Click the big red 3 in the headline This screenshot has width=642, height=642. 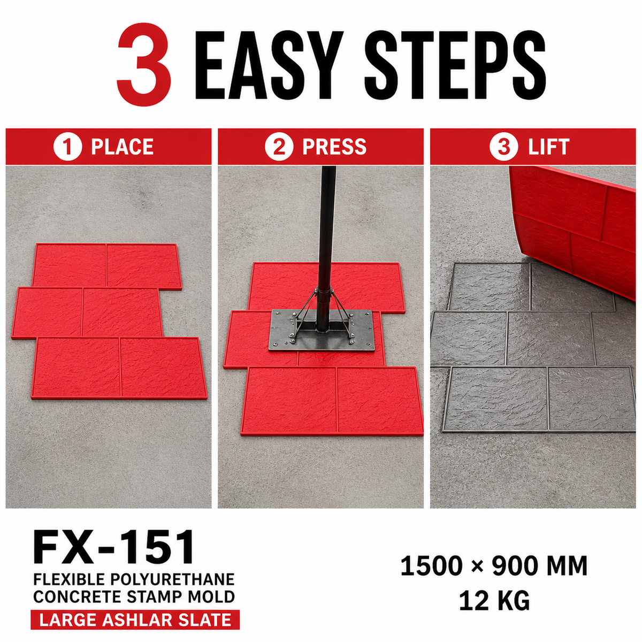pyautogui.click(x=144, y=64)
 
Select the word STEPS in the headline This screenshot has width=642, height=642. pyautogui.click(x=454, y=65)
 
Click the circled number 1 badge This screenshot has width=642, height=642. pyautogui.click(x=67, y=147)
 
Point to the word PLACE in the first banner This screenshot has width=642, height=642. pyautogui.click(x=123, y=147)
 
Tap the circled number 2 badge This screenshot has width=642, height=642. pyautogui.click(x=279, y=147)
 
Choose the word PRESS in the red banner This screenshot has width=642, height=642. pyautogui.click(x=334, y=147)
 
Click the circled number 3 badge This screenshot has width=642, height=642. pyautogui.click(x=504, y=147)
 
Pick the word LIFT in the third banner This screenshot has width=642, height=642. pyautogui.click(x=549, y=147)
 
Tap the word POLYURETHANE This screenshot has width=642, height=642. pyautogui.click(x=172, y=579)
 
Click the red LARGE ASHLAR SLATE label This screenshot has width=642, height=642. pyautogui.click(x=135, y=620)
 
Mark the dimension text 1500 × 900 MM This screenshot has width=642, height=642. pyautogui.click(x=494, y=565)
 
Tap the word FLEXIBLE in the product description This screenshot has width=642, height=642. pyautogui.click(x=69, y=579)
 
